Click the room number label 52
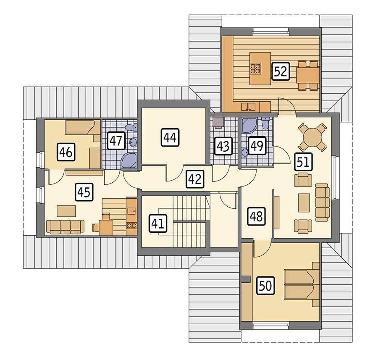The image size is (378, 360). tap(280, 71)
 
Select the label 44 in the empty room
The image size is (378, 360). tap(170, 137)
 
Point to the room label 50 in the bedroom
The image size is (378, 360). tap(265, 286)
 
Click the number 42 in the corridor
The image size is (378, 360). tap(194, 179)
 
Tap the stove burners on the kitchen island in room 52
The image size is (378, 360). tap(256, 68)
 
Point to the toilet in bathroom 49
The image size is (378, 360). tap(265, 123)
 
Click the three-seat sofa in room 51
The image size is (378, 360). tap(322, 202)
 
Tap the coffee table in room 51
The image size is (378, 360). tap(304, 202)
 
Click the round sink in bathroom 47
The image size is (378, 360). tap(133, 142)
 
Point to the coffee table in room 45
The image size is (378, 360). tap(67, 210)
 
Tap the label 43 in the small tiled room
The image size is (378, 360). tap(223, 147)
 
